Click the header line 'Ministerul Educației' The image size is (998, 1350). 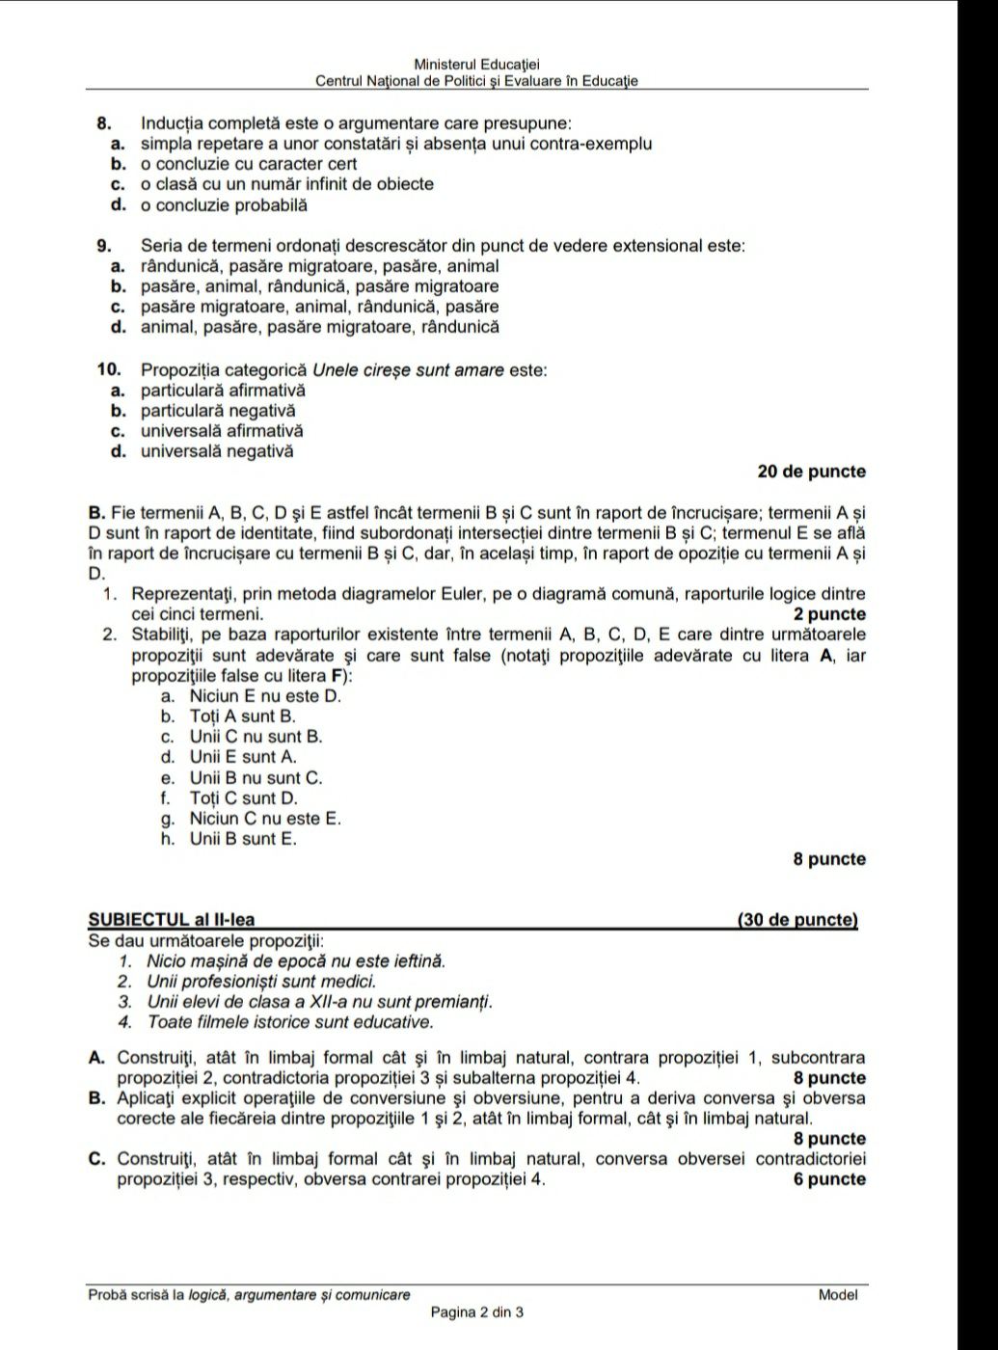pos(476,64)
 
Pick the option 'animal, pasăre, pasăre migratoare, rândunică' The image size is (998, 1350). pos(320,327)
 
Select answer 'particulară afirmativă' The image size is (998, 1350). pos(223,391)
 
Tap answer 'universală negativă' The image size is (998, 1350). pos(217,451)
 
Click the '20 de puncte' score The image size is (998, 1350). pos(811,472)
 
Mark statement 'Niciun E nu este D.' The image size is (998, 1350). pos(265,696)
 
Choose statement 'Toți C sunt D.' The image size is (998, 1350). pos(243,798)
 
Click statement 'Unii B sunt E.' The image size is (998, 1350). pos(243,839)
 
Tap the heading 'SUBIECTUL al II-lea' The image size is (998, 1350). pos(172,920)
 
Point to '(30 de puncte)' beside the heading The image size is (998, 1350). pos(796,920)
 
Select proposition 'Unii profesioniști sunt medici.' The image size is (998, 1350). pos(261,982)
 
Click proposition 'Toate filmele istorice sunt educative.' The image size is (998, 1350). pos(290,1022)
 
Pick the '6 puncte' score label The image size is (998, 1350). pos(828,1179)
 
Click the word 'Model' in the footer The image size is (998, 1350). pos(837,1295)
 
